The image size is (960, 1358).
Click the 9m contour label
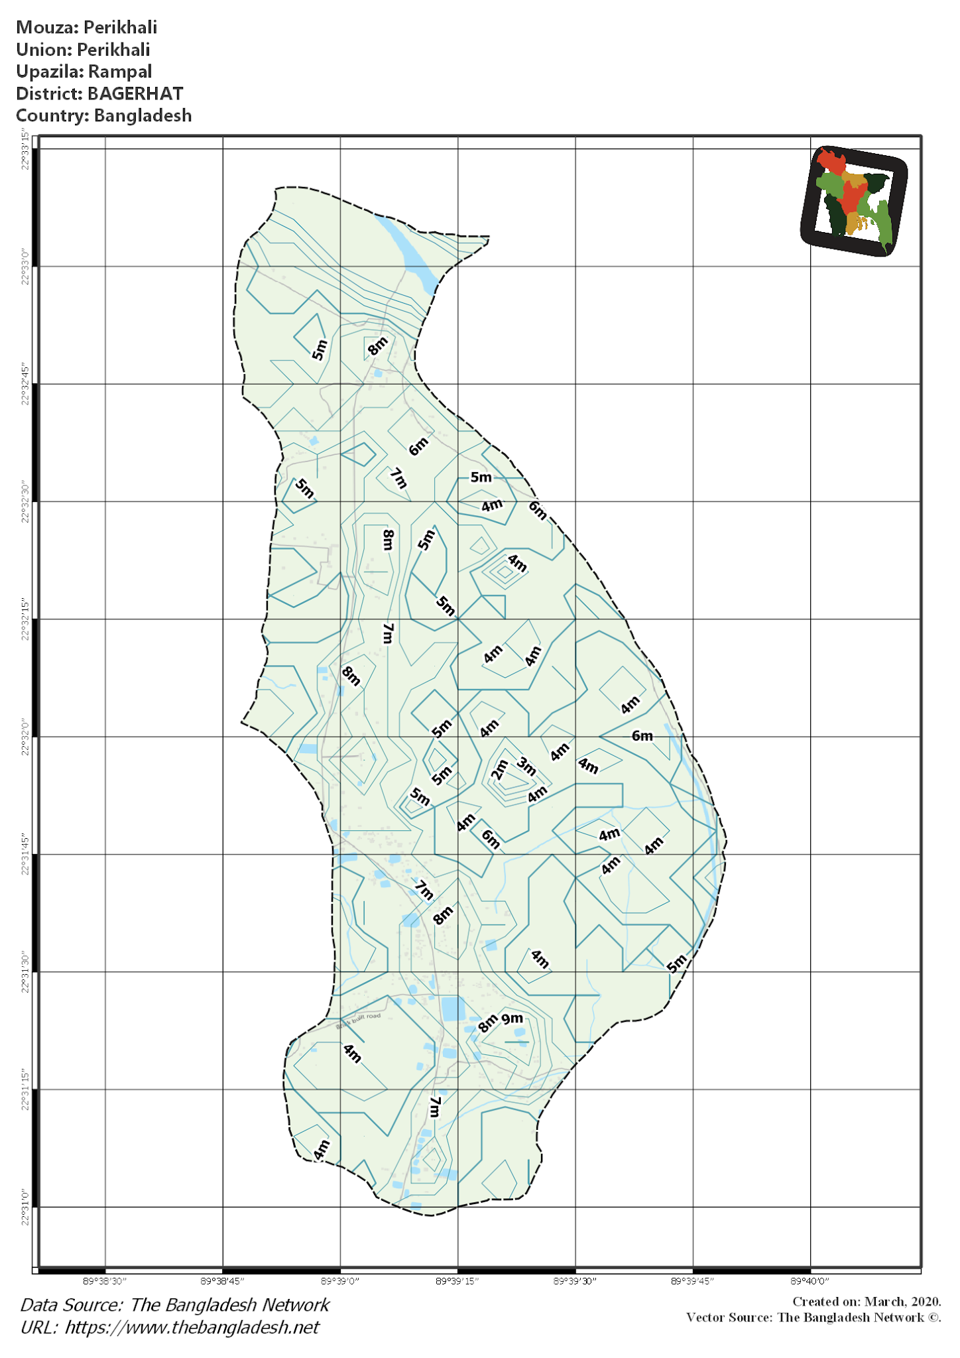512,1018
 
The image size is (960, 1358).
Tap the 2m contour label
499,770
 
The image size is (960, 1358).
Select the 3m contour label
526,766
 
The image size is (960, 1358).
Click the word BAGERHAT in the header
135,93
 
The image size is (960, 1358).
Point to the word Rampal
120,72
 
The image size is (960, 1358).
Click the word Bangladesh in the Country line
143,115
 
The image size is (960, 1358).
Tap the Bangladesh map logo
854,200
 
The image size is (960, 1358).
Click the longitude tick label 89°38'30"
105,1281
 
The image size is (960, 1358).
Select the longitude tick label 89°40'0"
810,1281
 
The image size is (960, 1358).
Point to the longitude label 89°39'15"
457,1281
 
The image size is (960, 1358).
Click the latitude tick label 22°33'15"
25,150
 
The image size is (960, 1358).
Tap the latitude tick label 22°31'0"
25,1207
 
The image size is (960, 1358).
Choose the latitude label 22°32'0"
25,737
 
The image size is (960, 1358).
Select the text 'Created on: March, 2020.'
867,1302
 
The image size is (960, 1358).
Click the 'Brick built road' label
359,1020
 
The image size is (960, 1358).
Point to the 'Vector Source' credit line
813,1317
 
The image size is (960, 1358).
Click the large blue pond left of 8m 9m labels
453,1009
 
